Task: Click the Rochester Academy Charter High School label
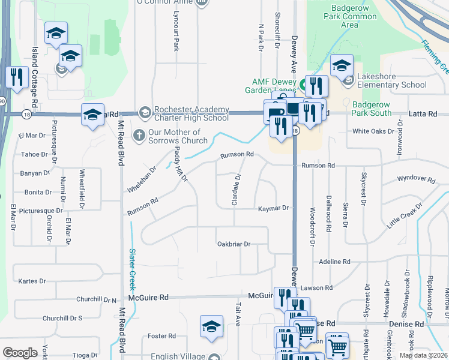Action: click(x=191, y=113)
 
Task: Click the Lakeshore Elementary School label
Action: click(x=391, y=80)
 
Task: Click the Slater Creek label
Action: click(x=132, y=266)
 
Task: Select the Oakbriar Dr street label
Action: click(x=234, y=244)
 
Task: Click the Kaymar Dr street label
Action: click(x=274, y=208)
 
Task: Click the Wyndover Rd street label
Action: click(x=416, y=179)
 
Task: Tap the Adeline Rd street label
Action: click(x=334, y=262)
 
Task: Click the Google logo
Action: click(x=20, y=353)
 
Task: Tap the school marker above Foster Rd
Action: click(x=211, y=327)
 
